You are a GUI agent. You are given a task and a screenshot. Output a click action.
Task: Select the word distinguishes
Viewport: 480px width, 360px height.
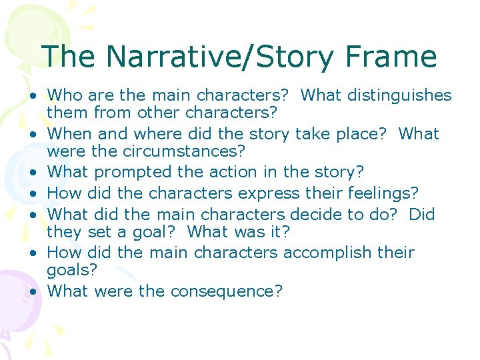pos(394,95)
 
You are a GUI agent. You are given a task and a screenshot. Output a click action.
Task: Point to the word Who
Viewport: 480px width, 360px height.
pos(65,95)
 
